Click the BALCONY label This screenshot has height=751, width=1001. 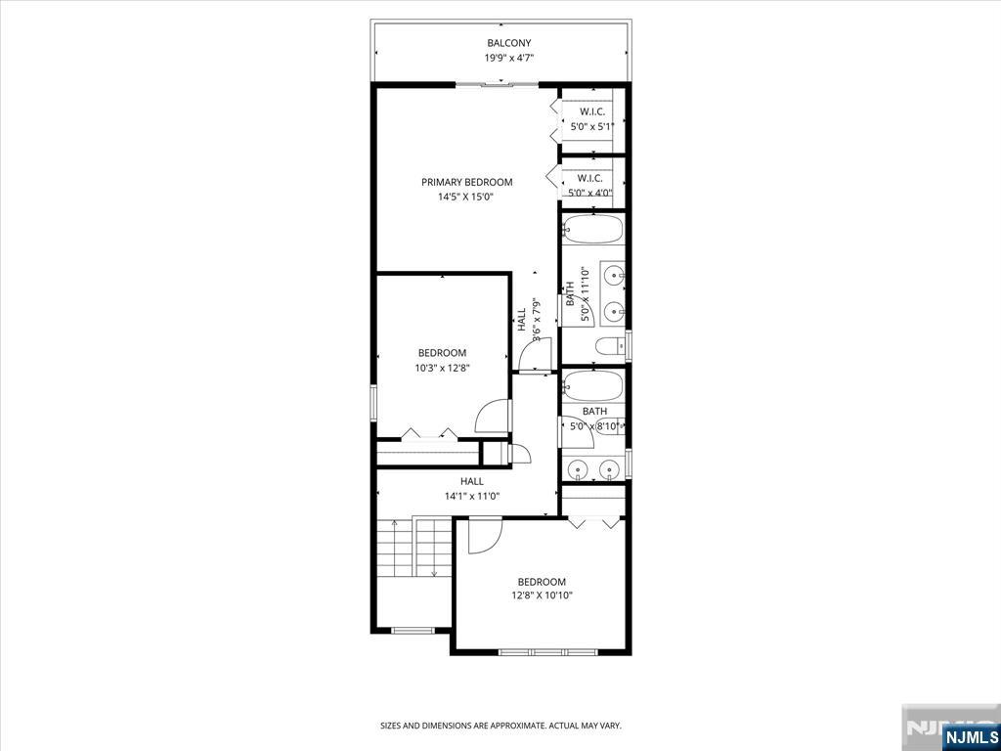coord(508,43)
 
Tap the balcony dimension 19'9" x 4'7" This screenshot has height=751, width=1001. coord(508,58)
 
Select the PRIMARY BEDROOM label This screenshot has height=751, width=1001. coord(466,183)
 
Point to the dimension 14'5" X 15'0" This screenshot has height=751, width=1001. coord(466,198)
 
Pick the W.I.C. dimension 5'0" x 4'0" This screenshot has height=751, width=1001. coord(591,193)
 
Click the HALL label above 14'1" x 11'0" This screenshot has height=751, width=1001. coord(472,481)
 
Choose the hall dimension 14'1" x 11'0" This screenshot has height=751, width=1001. coord(472,496)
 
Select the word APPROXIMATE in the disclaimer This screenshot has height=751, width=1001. coord(523,727)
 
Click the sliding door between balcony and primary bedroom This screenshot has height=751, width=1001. coord(497,84)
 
